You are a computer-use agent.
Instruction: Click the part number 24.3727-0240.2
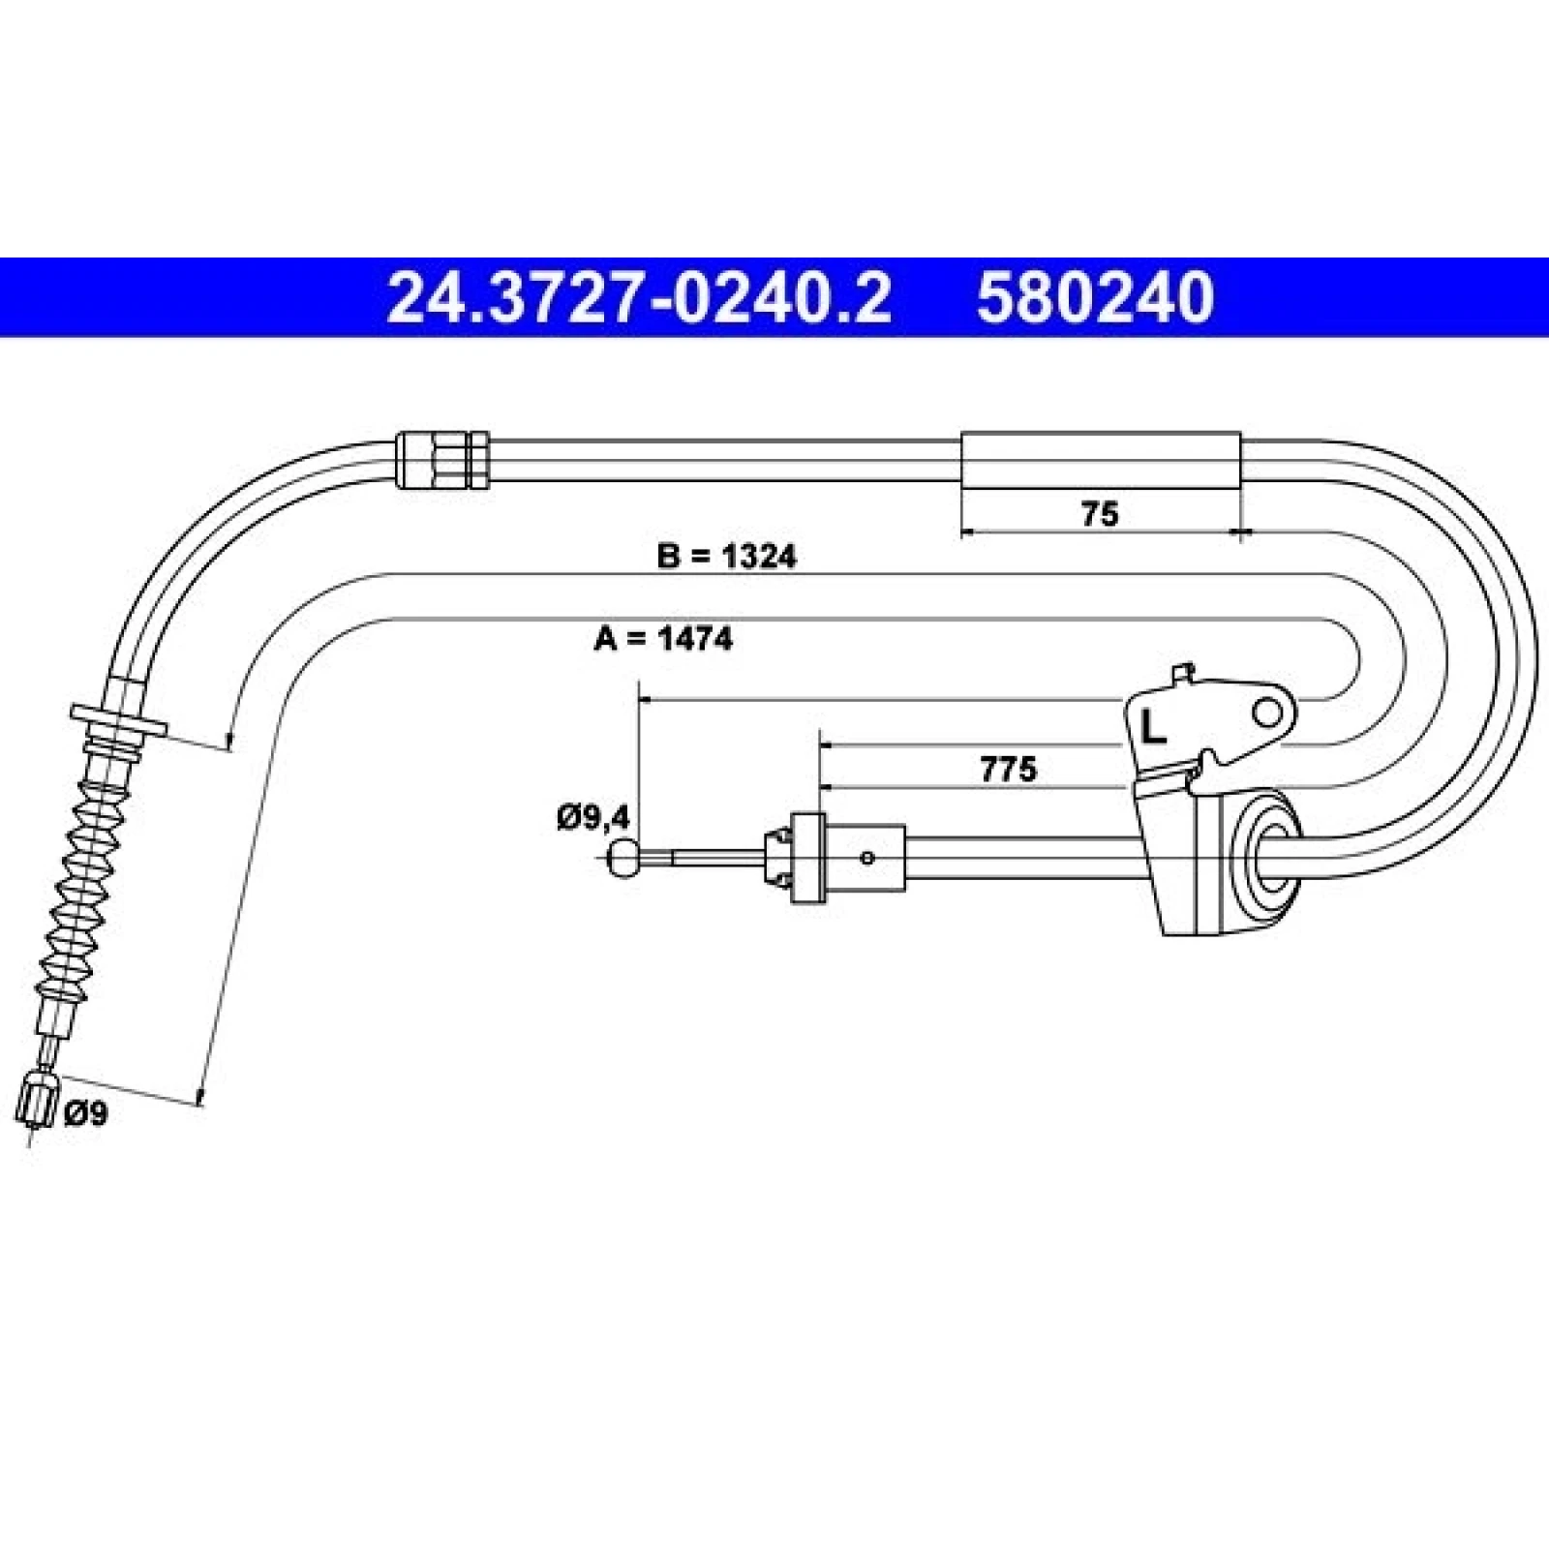(x=639, y=297)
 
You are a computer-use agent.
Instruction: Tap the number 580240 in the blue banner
(x=1095, y=297)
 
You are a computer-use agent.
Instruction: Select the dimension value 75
(x=1100, y=513)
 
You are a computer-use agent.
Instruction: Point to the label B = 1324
(x=726, y=557)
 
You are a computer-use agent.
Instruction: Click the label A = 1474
(x=663, y=639)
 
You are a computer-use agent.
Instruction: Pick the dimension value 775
(x=1008, y=770)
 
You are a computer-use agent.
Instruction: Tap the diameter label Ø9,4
(x=593, y=818)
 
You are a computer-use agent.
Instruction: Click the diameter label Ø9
(x=86, y=1114)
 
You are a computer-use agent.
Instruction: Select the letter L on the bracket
(x=1152, y=725)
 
